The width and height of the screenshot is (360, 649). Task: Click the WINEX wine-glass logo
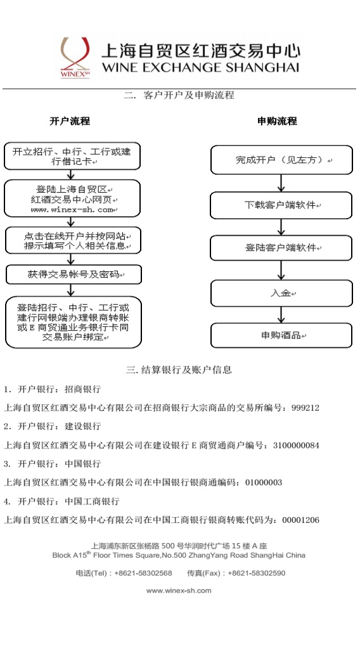[75, 57]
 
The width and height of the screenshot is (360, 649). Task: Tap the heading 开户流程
[70, 121]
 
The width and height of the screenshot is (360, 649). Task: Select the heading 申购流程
[277, 121]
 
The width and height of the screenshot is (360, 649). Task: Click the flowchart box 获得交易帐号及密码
[74, 274]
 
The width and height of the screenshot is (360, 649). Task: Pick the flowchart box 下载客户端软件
[281, 205]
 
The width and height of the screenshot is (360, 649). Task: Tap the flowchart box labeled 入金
[281, 293]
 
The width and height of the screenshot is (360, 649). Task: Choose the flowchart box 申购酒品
[281, 335]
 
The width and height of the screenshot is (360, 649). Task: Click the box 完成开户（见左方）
[281, 160]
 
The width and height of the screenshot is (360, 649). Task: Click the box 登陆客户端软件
[281, 248]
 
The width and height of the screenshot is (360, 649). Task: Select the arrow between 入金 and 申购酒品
[281, 315]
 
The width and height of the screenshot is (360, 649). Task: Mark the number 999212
[305, 408]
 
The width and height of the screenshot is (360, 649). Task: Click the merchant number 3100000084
[296, 446]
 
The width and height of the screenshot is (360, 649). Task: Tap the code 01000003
[264, 482]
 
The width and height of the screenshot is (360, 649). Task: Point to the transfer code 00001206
[301, 520]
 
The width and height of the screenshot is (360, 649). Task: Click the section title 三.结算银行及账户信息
[179, 369]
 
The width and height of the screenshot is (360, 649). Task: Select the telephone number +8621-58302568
[143, 573]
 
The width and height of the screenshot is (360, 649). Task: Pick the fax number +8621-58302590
[257, 573]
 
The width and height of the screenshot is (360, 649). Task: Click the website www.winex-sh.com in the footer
[179, 591]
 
